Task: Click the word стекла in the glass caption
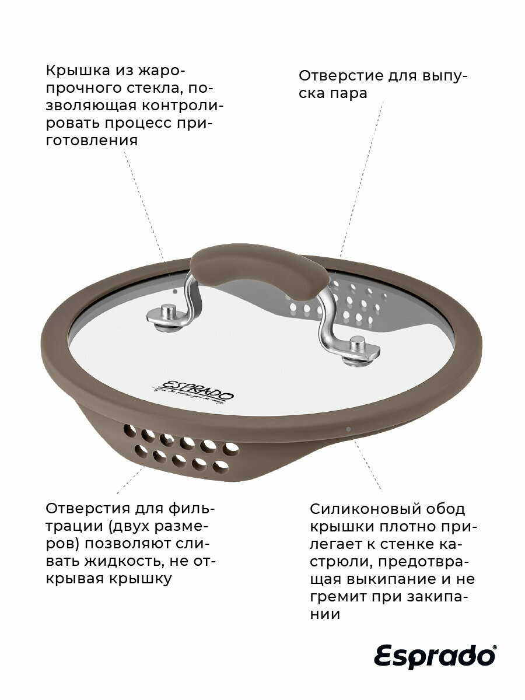[161, 89]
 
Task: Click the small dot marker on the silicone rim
[348, 429]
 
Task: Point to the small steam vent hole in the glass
[177, 288]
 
